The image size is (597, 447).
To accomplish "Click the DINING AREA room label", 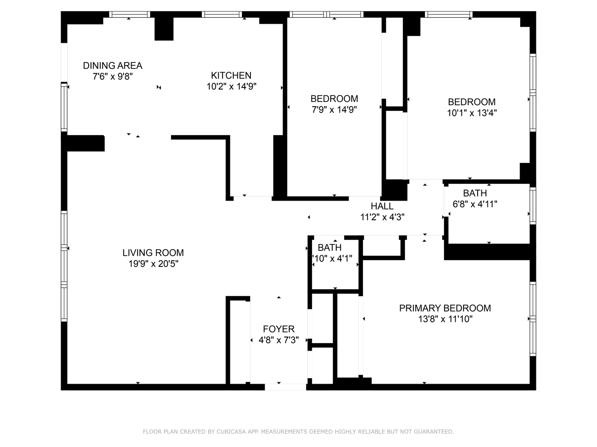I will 112,66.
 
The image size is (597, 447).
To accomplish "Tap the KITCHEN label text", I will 231,75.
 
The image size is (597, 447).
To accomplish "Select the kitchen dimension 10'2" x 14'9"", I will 231,86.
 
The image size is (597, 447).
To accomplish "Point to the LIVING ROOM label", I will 153,253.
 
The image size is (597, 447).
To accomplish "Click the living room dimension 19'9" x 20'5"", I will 153,264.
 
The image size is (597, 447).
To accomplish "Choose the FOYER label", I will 278,329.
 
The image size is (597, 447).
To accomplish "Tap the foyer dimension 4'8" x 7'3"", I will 278,340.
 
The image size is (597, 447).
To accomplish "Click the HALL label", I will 382,206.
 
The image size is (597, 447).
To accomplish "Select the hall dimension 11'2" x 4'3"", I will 382,217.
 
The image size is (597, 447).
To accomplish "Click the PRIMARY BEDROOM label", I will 445,308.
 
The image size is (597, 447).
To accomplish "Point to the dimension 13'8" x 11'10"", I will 445,319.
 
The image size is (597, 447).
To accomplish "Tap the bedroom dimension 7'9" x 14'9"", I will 334,110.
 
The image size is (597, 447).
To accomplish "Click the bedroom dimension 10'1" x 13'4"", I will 472,113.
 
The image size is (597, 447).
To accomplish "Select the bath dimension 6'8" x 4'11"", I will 475,204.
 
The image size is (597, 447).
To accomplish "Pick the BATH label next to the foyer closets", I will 330,248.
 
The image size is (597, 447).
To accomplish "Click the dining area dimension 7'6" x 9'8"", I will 113,77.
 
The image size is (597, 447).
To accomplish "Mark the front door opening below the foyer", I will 285,386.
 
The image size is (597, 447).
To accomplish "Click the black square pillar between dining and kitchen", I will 164,29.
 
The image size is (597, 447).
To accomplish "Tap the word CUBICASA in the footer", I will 233,432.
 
